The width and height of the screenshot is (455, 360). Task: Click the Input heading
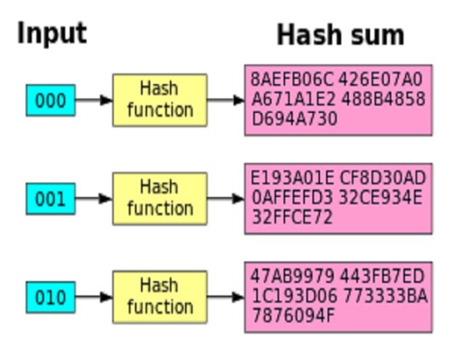point(52,33)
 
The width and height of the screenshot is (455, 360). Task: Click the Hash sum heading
point(340,35)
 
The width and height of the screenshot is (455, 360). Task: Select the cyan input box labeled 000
point(51,100)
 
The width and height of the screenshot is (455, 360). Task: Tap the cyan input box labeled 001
point(51,199)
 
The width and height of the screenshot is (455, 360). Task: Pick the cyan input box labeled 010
point(51,297)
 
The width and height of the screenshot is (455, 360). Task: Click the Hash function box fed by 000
point(160,100)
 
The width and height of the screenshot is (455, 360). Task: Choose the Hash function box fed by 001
point(160,199)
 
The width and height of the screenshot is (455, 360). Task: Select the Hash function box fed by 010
point(160,297)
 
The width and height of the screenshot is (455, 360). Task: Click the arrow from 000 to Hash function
point(94,100)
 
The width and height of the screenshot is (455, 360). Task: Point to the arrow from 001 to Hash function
point(94,199)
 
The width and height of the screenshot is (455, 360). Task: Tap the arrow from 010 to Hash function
point(94,297)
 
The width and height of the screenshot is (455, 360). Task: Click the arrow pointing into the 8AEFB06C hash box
point(226,100)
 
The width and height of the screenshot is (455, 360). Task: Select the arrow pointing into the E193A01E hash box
point(226,199)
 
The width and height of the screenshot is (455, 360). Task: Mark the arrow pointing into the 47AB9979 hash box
point(226,297)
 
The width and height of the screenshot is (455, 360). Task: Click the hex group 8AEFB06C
point(292,79)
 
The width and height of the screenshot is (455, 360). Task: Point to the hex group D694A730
point(295,119)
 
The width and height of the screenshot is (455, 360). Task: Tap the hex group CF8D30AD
point(383,177)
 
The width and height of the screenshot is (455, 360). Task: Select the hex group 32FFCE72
point(292,217)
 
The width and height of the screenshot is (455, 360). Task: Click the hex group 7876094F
point(294,316)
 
